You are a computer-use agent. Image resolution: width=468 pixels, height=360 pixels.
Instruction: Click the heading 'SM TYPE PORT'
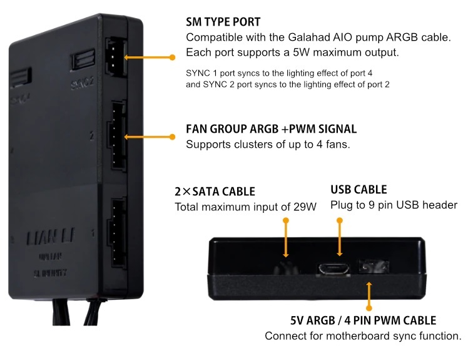[223, 21]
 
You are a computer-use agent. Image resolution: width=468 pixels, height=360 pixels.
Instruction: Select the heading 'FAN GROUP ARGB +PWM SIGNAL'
[271, 130]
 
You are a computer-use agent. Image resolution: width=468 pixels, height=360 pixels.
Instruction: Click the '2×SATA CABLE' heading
[215, 192]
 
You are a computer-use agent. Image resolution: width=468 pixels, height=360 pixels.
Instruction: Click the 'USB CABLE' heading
[358, 189]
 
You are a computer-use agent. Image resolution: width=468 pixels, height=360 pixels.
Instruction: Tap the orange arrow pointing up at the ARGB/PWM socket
[369, 294]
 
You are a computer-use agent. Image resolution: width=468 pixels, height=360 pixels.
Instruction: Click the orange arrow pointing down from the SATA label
[286, 241]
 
